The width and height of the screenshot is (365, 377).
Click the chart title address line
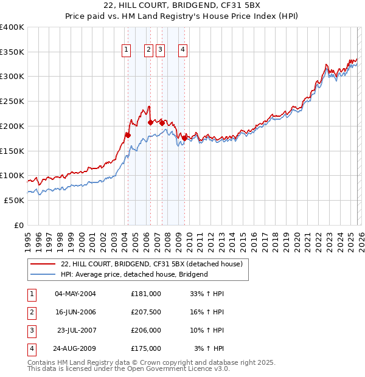[x=182, y=6]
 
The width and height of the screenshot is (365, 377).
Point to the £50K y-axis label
[x=14, y=200]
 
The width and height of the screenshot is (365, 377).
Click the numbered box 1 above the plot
[x=127, y=50]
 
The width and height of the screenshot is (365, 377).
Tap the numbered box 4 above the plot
[x=182, y=50]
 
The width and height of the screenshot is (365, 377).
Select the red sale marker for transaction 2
[x=150, y=122]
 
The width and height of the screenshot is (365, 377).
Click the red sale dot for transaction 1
[x=128, y=135]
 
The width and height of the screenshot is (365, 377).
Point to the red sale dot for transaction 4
[x=184, y=138]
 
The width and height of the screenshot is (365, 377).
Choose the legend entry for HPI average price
[x=134, y=274]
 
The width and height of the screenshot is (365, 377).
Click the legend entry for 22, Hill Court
[x=151, y=264]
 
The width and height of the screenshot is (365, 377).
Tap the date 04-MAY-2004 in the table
[x=75, y=294]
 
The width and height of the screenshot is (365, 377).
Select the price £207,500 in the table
[x=145, y=312]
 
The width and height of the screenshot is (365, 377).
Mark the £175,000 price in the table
[x=145, y=348]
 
